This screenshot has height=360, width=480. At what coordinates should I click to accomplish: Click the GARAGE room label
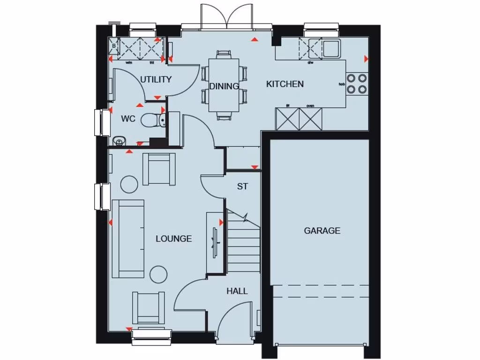click(322, 231)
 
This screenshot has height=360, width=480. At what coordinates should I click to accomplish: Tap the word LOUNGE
click(173, 239)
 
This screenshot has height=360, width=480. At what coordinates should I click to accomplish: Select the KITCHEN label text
click(285, 84)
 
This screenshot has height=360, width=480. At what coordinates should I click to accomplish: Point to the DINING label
click(224, 86)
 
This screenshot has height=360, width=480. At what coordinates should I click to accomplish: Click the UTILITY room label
click(156, 80)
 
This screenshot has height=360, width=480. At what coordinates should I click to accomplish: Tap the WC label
click(128, 119)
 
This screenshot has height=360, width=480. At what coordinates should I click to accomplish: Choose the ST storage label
click(242, 187)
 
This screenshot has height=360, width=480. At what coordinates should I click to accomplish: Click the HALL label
click(237, 291)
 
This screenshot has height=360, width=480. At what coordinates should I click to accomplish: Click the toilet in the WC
click(151, 120)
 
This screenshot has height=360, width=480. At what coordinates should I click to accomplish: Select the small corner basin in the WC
click(119, 140)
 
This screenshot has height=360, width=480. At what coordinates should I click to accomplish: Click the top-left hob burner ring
click(351, 78)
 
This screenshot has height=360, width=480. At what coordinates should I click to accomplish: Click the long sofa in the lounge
click(128, 238)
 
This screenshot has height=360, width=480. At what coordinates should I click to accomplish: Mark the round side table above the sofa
click(129, 184)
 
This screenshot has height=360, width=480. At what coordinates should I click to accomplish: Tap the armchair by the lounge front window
click(148, 307)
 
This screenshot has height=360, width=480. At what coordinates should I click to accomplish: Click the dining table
click(224, 84)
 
